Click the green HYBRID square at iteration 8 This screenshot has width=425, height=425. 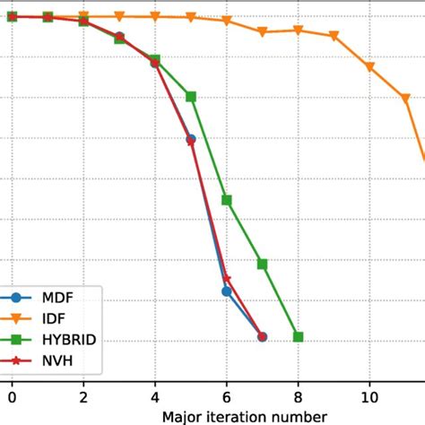coord(298,336)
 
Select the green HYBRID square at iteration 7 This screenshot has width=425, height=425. coord(263,264)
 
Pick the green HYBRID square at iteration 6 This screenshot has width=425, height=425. coord(227,200)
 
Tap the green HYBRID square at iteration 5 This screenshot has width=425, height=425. coord(191,97)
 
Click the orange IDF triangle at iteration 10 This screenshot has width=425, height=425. coord(369,67)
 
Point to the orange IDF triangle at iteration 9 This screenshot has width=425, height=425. coord(334,37)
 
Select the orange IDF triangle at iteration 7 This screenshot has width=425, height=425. coord(263,32)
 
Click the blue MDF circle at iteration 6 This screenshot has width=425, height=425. coord(227,291)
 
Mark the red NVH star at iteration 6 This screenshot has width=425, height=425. coord(227,279)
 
